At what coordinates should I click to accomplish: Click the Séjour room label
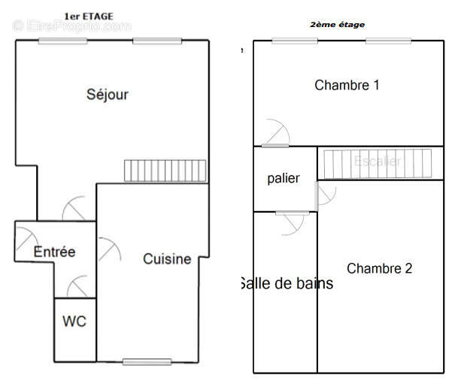108,95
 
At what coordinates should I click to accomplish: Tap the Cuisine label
167,259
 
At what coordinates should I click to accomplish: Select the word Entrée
54,252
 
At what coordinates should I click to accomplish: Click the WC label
74,322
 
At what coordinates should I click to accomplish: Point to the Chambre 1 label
347,85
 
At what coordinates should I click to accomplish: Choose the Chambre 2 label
380,268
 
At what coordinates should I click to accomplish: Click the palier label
284,179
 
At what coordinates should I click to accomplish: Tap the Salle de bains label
287,284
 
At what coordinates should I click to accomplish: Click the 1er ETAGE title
89,15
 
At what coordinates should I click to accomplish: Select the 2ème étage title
338,25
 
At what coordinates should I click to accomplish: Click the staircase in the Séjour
165,171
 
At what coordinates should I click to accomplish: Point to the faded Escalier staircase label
378,161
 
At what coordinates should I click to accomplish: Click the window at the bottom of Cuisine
147,362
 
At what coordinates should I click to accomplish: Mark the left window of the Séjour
59,41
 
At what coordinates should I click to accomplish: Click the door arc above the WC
78,288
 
